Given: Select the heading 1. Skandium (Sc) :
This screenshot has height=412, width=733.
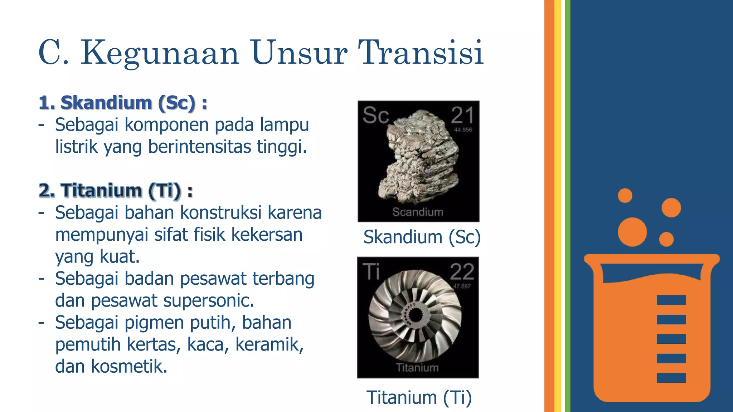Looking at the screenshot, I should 123,103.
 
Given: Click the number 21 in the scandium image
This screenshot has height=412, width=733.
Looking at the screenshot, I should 462,116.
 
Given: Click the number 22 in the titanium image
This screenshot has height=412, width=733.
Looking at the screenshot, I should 462,272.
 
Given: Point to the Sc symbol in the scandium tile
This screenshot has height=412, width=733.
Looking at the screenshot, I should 375,116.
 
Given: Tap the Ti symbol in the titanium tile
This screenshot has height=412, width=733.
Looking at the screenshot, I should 371,271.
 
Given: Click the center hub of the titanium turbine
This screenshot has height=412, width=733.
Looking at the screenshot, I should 415,315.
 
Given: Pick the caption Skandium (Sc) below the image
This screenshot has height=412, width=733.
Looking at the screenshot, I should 422,237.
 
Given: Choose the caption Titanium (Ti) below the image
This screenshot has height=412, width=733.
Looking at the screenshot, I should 419,397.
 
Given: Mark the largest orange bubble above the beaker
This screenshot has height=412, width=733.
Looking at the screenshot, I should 632,232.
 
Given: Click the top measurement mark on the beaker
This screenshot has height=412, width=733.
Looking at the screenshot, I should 671,300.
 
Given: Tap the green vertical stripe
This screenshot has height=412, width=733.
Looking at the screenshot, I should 567,206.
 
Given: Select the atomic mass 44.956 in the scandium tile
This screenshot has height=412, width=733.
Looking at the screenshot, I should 463,130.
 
